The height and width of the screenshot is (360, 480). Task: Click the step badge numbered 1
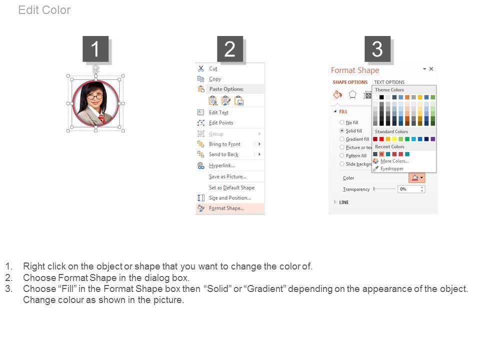95,49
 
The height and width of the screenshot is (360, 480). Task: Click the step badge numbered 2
230,49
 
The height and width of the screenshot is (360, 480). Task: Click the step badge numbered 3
377,49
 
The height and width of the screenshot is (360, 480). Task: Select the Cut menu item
213,68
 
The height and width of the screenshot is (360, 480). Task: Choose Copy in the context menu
215,78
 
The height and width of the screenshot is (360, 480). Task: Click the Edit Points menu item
221,123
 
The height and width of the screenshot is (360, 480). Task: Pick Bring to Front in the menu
224,144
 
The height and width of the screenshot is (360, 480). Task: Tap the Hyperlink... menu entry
222,165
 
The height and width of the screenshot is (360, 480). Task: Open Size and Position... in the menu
230,198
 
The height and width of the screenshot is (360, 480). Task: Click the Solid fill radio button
341,130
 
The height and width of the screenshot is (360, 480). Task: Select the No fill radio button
341,122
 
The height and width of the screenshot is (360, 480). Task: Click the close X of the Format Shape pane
431,69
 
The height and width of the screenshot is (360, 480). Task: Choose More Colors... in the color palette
394,160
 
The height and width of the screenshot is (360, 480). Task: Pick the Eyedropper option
392,168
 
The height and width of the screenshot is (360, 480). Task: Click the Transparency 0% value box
411,189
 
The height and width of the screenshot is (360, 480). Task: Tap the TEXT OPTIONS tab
389,82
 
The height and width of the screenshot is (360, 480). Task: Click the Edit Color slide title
44,10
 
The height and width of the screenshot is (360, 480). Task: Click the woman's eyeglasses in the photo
95,97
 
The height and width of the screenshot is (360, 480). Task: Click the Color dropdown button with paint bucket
416,177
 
